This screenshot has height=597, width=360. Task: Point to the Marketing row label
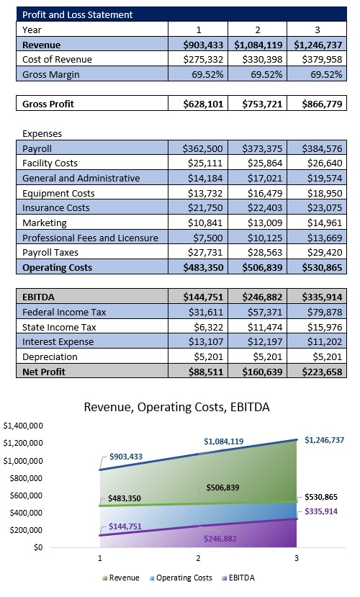pos(44,223)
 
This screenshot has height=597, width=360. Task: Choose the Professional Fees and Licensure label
pos(89,238)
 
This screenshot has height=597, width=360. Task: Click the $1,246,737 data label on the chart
pos(324,439)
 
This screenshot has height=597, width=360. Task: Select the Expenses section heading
pos(42,133)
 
